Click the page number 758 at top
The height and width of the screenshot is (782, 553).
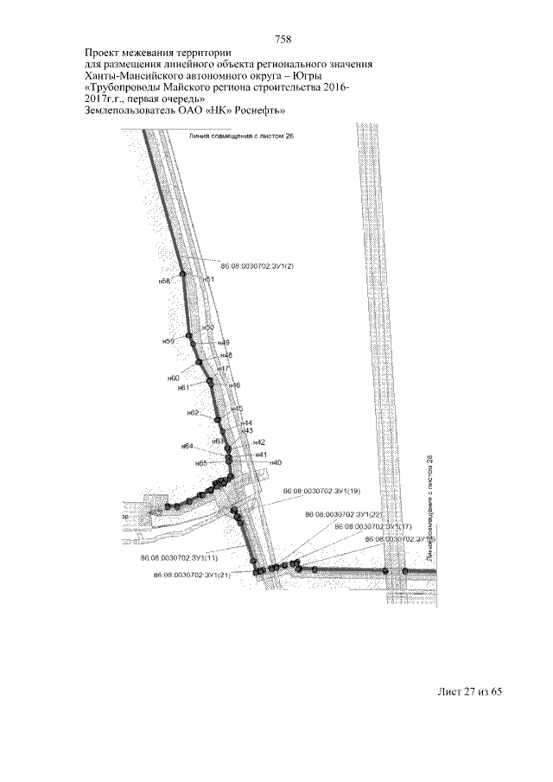tap(283, 40)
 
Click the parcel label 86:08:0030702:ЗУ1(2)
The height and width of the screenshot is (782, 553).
tap(257, 265)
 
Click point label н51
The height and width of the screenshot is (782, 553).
tap(208, 280)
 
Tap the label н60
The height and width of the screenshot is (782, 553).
tap(173, 378)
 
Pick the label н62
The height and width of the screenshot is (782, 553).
tap(194, 413)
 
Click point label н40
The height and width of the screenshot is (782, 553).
tap(276, 463)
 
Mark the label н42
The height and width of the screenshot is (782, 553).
tap(258, 442)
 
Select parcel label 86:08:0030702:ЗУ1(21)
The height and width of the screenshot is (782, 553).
tap(191, 575)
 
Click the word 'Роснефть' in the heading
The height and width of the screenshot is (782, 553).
tap(257, 111)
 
